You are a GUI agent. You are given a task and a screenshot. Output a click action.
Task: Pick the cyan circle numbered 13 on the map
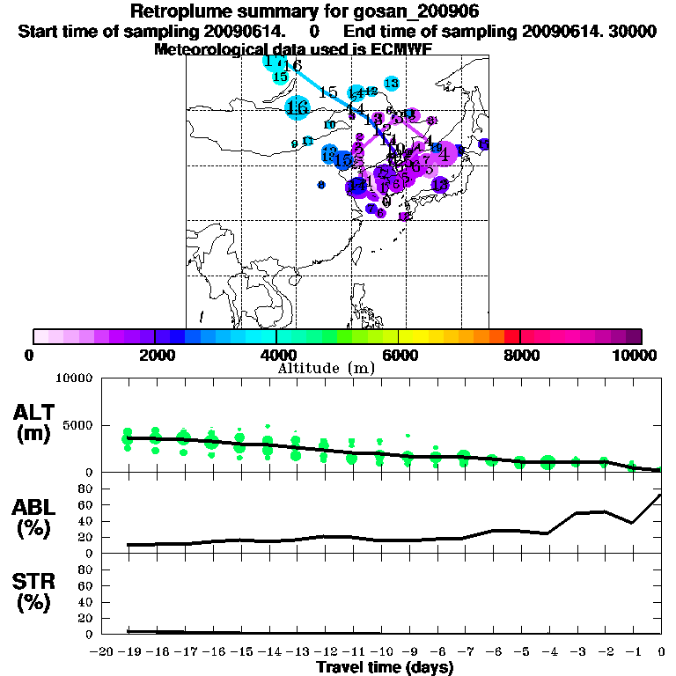point(392,83)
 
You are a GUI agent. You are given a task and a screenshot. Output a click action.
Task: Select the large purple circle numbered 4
point(445,154)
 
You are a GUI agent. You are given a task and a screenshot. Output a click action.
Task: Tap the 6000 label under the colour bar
point(399,356)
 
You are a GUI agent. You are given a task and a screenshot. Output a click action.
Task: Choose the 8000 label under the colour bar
point(520,356)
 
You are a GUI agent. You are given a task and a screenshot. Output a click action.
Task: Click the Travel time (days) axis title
point(385,668)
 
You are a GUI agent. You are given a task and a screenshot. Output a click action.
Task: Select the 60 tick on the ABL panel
point(88,505)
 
